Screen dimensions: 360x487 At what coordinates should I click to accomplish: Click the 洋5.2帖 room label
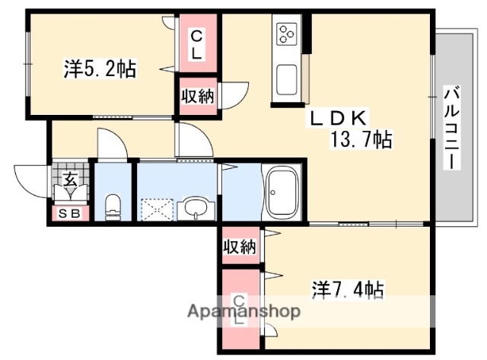click(x=100, y=69)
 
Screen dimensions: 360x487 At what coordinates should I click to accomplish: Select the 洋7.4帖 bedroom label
click(x=347, y=289)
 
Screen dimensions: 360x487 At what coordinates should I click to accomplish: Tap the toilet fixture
click(x=113, y=204)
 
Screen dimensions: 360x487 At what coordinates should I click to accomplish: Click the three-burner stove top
click(x=288, y=34)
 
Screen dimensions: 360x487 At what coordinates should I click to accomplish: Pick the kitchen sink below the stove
click(x=288, y=78)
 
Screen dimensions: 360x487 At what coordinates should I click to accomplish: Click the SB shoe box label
click(x=70, y=214)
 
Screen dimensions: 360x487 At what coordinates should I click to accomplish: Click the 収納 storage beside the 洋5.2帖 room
click(x=196, y=96)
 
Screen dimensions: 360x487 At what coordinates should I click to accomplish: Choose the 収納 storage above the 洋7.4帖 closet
click(x=239, y=247)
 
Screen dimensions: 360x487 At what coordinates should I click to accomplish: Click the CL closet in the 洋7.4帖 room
click(x=239, y=308)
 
